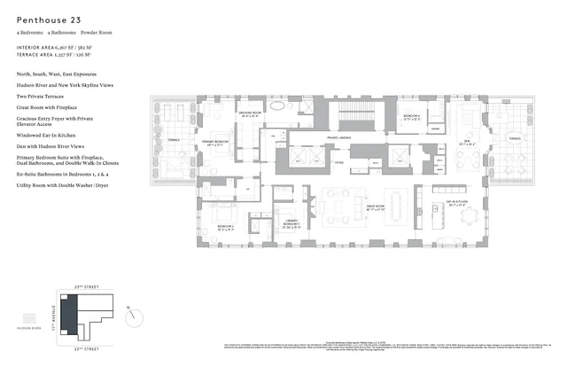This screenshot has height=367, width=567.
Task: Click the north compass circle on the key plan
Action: (132, 314)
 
